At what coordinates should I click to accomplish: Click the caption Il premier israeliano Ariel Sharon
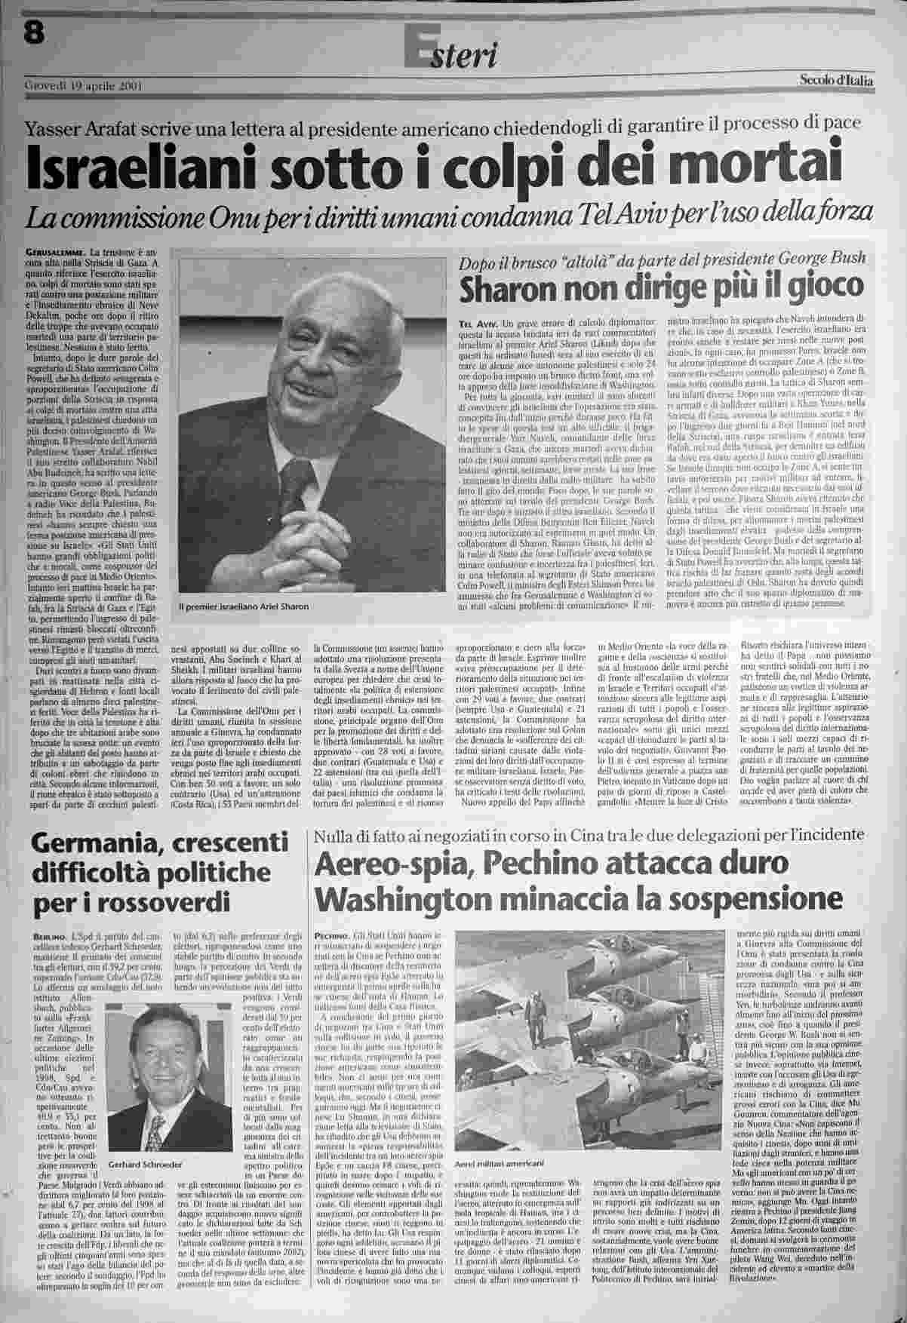244,606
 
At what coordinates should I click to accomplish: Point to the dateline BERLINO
48,935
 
